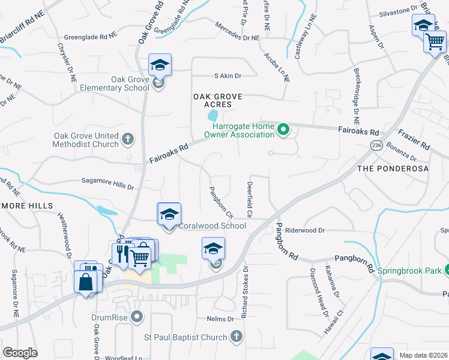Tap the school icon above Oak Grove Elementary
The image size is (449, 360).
(160, 65)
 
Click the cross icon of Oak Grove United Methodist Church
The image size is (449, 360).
(127, 140)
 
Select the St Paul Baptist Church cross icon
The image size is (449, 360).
(237, 337)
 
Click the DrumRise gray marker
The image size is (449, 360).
(137, 316)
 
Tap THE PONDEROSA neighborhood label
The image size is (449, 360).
(402, 169)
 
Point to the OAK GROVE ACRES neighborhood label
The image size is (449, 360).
(217, 100)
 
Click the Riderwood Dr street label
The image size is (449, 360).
(304, 230)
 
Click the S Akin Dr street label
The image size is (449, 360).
(228, 76)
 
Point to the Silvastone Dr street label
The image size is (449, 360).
(397, 11)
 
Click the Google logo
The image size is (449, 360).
(20, 353)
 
